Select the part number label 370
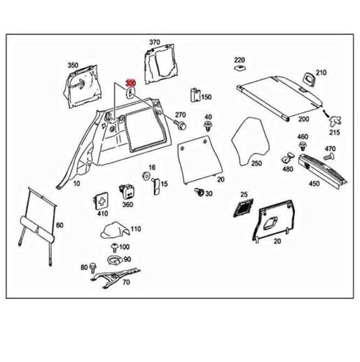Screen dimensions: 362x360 click(x=154, y=42)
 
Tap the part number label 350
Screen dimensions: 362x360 click(x=72, y=65)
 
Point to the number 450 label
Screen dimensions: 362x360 click(x=314, y=184)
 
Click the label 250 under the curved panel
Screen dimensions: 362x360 click(x=256, y=164)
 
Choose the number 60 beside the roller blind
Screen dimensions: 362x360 click(x=59, y=225)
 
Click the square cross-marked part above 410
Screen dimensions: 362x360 click(x=102, y=200)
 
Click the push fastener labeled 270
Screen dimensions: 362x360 click(x=182, y=125)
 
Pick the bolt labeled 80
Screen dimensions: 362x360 click(x=94, y=267)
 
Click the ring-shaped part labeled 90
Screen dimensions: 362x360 click(x=114, y=260)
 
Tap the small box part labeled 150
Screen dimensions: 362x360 click(x=194, y=95)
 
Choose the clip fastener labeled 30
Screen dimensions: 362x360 click(x=198, y=192)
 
